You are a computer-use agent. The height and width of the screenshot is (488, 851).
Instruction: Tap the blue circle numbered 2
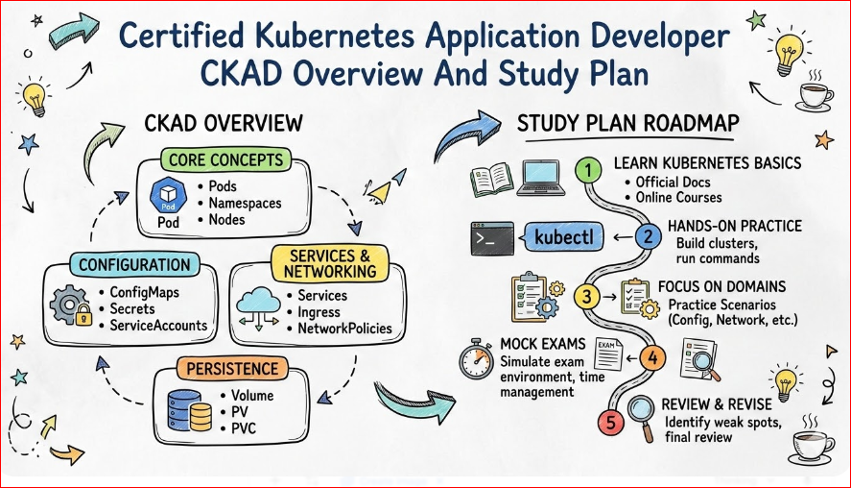649,236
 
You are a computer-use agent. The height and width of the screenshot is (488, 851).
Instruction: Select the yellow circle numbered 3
588,297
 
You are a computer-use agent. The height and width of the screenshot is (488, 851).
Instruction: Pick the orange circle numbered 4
652,359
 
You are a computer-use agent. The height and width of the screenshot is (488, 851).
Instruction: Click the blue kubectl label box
566,236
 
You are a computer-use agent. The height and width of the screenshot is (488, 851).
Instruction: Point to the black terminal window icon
489,236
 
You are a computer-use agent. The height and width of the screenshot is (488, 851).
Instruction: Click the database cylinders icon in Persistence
189,410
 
